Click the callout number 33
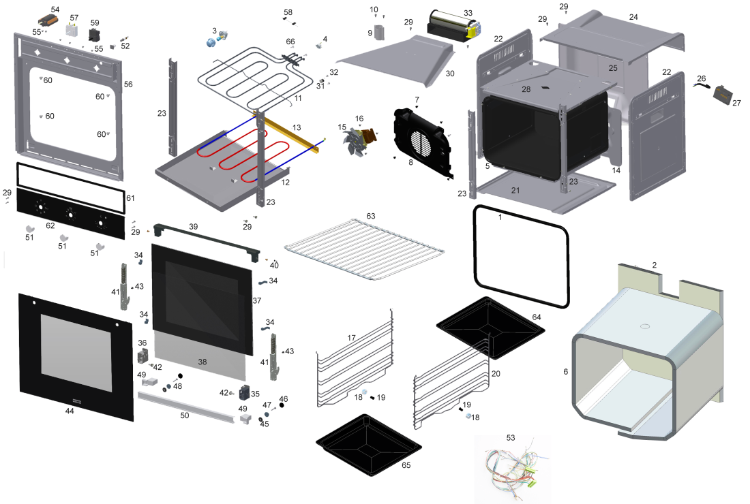pos(467,12)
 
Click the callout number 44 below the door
pos(70,411)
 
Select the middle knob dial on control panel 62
pos(70,214)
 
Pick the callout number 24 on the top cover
pos(633,16)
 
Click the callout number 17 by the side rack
pos(352,338)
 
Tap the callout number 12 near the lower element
pos(286,182)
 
